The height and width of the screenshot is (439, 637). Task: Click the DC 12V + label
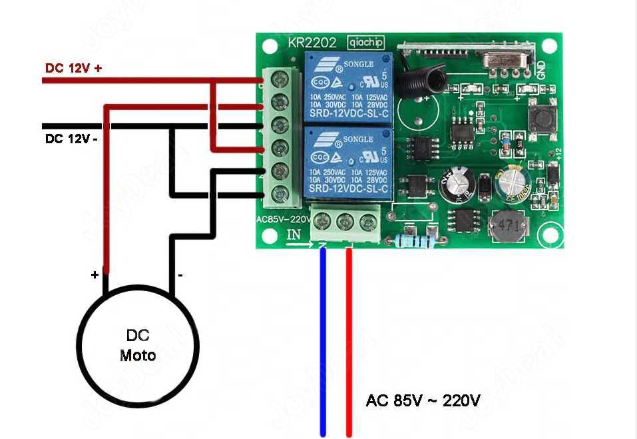73,68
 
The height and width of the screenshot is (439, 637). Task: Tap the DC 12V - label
71,139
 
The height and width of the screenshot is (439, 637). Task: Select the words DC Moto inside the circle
138,345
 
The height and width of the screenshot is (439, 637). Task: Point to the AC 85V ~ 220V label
423,401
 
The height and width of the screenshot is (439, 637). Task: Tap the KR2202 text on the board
312,43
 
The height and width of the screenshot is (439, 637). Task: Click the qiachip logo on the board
365,43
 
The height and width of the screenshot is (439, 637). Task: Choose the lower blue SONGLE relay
347,163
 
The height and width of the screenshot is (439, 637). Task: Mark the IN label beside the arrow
294,234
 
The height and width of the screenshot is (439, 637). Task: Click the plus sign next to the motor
95,274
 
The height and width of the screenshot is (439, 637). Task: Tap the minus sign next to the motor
180,274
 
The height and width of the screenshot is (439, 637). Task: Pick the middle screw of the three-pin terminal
344,222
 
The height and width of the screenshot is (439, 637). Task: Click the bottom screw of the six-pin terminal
280,195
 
